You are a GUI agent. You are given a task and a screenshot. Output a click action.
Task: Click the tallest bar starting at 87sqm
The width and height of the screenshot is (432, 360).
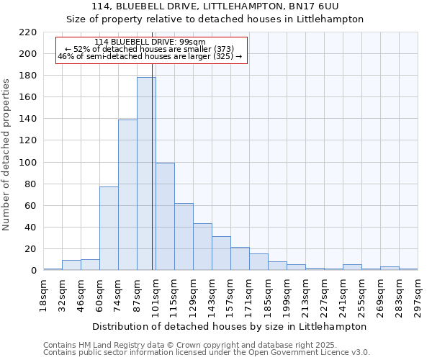[x=146, y=174]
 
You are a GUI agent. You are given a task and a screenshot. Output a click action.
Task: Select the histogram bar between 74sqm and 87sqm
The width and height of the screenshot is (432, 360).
[x=127, y=195]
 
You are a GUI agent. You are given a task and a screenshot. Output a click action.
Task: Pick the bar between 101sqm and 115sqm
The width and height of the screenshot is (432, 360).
[x=165, y=217]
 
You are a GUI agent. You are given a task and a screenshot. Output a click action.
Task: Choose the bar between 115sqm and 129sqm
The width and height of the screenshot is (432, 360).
[x=184, y=237]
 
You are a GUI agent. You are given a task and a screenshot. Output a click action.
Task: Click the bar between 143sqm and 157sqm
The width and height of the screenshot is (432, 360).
[x=221, y=253]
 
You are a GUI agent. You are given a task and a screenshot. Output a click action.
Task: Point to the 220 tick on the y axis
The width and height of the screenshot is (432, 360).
[x=28, y=32]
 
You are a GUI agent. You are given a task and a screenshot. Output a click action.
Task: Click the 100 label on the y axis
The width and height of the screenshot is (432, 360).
[x=28, y=162]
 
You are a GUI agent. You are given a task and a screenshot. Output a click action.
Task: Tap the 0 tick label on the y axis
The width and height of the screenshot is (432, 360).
[x=33, y=271]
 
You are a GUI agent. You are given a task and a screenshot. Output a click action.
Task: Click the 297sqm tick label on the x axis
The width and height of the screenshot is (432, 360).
[x=418, y=295]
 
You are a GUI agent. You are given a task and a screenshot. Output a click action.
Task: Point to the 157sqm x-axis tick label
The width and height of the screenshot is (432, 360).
[x=230, y=295]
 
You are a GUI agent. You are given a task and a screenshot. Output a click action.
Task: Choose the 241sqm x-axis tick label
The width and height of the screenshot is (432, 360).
[x=343, y=295]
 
